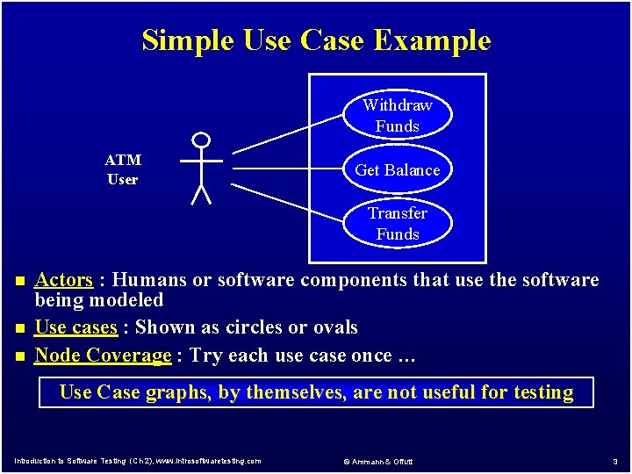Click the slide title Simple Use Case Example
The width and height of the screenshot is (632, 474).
click(316, 40)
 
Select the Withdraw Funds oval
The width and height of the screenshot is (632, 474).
click(397, 116)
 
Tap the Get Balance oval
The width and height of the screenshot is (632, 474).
click(397, 169)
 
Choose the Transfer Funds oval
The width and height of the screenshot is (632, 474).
click(397, 224)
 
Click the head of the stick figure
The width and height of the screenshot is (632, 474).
click(202, 140)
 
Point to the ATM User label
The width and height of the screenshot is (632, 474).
click(123, 169)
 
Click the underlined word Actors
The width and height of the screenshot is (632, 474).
click(63, 280)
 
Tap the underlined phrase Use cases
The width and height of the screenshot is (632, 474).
click(75, 327)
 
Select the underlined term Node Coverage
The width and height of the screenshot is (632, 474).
click(103, 355)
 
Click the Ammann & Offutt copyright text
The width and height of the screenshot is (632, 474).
click(377, 462)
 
